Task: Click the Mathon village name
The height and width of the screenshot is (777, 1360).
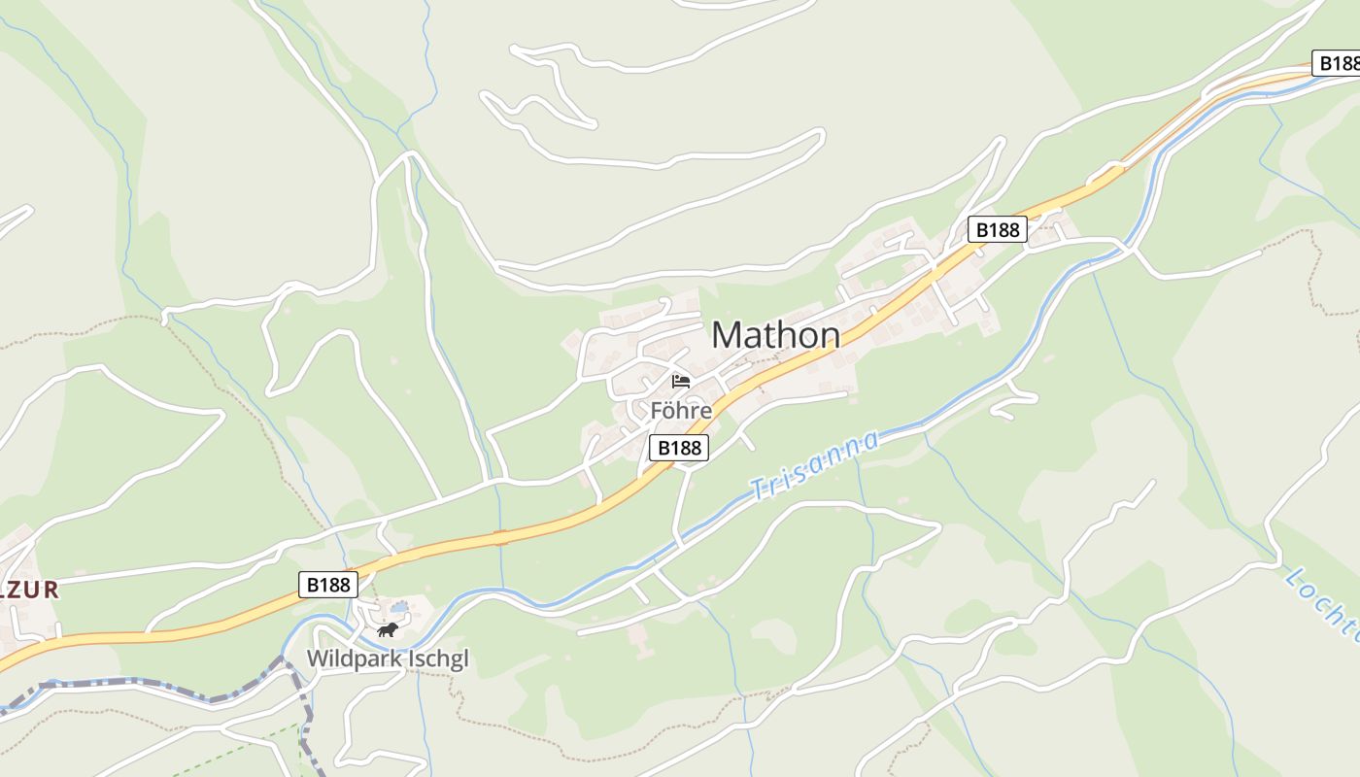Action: (775, 335)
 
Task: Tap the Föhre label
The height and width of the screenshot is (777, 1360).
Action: (680, 411)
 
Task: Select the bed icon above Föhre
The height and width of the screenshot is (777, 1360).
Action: (680, 381)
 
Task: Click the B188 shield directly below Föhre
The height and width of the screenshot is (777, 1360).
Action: (678, 448)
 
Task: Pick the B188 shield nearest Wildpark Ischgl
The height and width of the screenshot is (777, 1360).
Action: (327, 585)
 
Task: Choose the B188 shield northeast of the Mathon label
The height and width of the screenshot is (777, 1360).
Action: (997, 229)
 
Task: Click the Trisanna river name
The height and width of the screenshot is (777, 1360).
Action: (815, 465)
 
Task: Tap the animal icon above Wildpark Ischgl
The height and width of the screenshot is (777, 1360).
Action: (388, 630)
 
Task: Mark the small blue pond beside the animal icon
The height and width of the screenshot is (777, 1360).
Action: (399, 608)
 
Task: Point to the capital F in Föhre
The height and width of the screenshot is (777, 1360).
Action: (657, 411)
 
